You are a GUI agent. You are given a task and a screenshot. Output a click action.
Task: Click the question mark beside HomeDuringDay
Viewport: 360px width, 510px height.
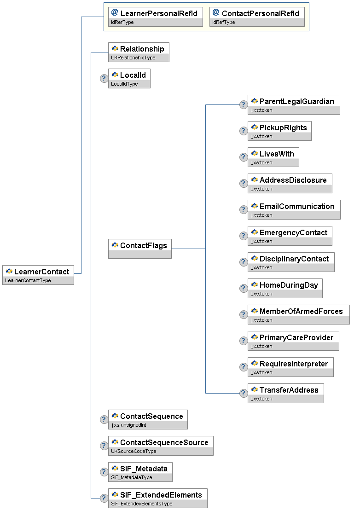pos(244,288)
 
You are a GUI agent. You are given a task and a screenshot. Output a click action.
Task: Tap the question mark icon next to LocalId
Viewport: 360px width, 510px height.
pos(104,78)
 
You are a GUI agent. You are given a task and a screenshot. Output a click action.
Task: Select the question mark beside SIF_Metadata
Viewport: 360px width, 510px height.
pos(104,472)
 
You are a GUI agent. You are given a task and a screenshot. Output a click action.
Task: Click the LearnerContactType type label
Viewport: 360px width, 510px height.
pos(28,280)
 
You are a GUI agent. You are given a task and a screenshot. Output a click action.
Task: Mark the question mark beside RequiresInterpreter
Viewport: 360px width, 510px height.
pos(244,367)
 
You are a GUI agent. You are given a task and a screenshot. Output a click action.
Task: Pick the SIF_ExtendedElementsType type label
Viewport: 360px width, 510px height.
pos(141,504)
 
